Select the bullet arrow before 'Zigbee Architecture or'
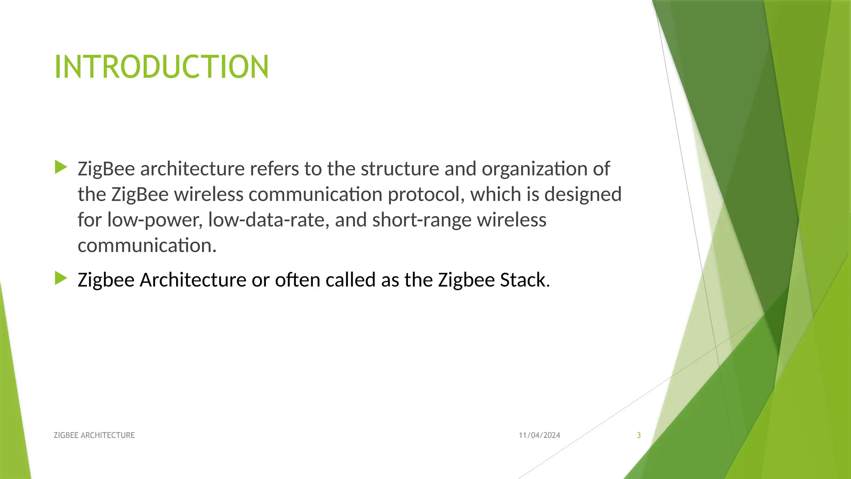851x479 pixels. pyautogui.click(x=61, y=278)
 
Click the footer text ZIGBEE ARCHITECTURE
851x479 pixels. pyautogui.click(x=94, y=435)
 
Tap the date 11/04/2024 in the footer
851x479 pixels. pyautogui.click(x=539, y=435)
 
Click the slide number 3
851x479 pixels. pyautogui.click(x=639, y=435)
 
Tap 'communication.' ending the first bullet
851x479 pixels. pyautogui.click(x=147, y=246)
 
